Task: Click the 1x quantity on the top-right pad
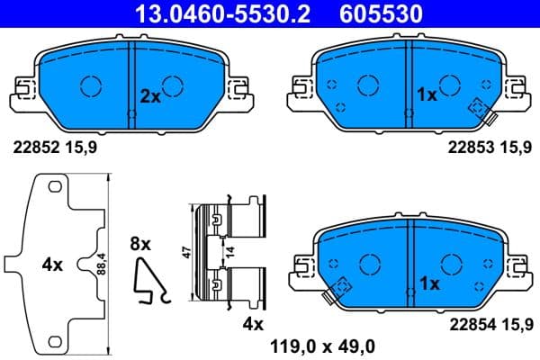click(x=427, y=94)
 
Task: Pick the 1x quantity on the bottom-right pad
click(x=429, y=283)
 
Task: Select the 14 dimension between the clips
click(x=230, y=254)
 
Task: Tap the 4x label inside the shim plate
click(x=52, y=265)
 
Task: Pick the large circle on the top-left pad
click(x=93, y=85)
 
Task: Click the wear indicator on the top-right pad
click(x=478, y=107)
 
